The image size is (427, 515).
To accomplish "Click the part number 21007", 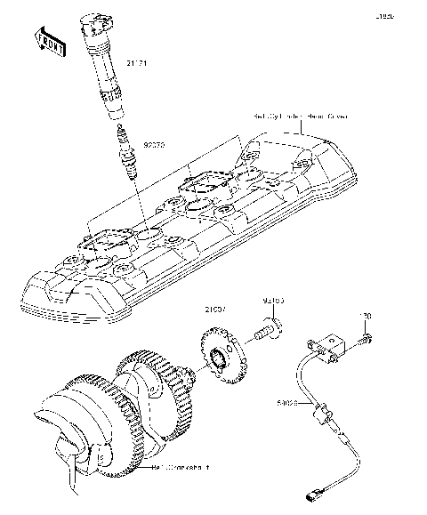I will coord(215,310).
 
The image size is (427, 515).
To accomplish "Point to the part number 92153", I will coord(272,302).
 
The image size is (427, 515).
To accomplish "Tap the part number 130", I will coord(363,314).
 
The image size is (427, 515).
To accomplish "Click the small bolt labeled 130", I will coord(365,340).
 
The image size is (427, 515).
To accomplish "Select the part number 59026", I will coord(286,403).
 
